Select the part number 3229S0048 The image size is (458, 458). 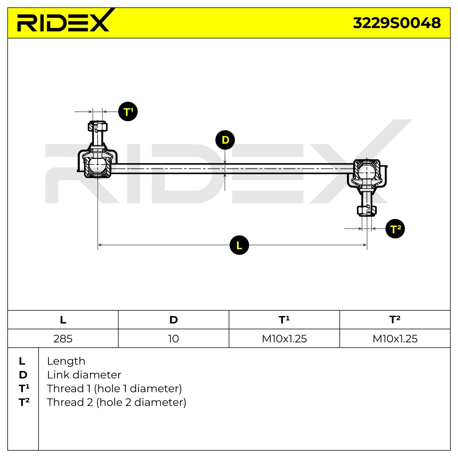coord(397,23)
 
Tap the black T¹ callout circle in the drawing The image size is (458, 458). coord(128,112)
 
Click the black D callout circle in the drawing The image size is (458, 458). coord(225,140)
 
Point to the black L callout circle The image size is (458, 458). coord(239,245)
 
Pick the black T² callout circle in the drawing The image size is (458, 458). coord(395,229)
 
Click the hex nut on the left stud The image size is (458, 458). coord(98,126)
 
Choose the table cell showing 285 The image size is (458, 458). coord(63,339)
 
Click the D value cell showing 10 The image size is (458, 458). coord(173,339)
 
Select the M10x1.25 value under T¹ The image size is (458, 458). coord(284,339)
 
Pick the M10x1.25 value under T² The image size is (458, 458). coord(395,339)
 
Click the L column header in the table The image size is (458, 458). coord(63,320)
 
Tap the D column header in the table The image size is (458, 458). coord(174,320)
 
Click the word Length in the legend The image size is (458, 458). coord(66,361)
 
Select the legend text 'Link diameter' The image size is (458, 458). coord(84,375)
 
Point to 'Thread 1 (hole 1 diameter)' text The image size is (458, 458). coord(114,389)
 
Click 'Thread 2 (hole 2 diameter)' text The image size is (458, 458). coord(116,402)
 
